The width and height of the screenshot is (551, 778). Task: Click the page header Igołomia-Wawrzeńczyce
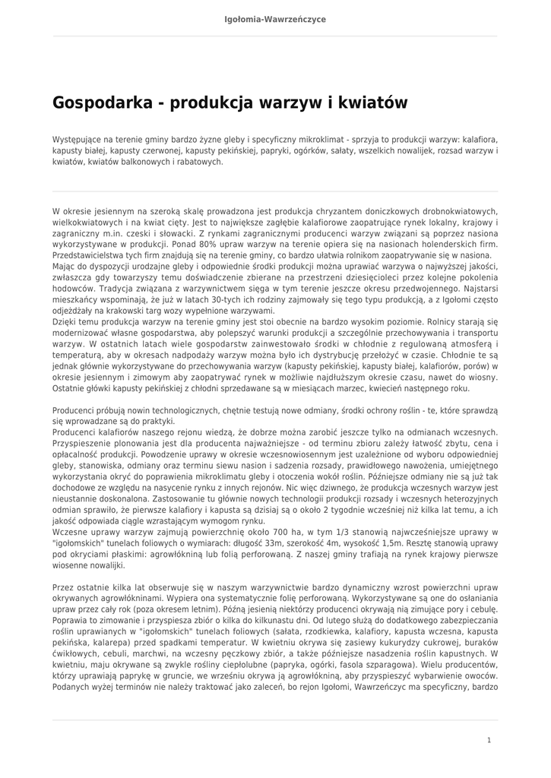coord(275,19)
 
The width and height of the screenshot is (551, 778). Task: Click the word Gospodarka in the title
coord(101,103)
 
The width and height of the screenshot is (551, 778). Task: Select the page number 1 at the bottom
coord(489,739)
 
